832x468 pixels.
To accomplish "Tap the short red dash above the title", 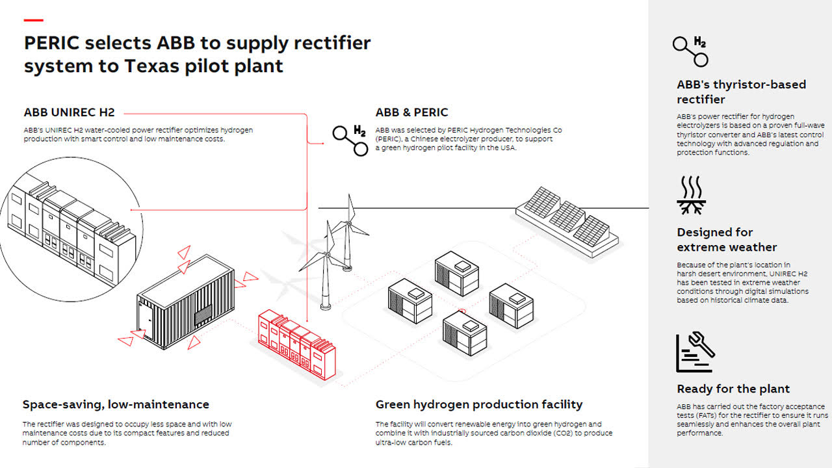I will (34, 20).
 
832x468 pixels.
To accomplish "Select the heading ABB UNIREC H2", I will (70, 112).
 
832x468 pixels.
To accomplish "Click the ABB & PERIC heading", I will (411, 112).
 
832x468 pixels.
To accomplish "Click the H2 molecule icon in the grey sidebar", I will (690, 51).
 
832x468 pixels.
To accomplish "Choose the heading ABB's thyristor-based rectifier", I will (741, 92).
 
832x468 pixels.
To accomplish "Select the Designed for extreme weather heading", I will (727, 239).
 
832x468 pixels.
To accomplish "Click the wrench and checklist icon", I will (695, 352).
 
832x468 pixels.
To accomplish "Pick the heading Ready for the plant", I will (733, 389).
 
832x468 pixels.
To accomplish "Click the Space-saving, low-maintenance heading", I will (116, 404).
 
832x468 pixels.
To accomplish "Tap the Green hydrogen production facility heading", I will (479, 404).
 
